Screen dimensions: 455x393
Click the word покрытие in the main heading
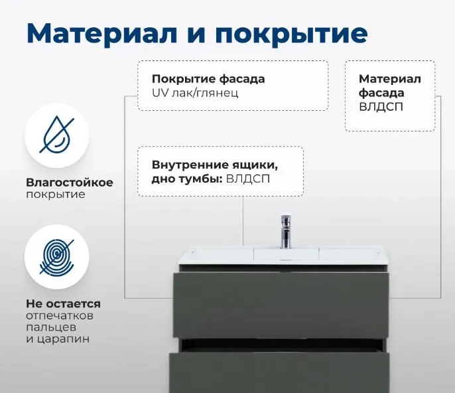coord(291,35)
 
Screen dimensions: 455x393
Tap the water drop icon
coord(57,135)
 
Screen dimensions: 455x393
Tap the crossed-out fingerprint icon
coord(57,257)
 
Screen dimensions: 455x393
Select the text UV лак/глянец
coord(195,93)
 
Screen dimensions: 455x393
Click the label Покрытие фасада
coord(208,79)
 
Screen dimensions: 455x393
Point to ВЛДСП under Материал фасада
coord(381,107)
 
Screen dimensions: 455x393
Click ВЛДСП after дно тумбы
coord(248,179)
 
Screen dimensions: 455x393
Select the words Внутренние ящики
coord(215,165)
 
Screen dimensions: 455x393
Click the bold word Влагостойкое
coord(70,183)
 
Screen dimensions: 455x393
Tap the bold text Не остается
coord(63,304)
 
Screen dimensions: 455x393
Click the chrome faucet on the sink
coord(286,232)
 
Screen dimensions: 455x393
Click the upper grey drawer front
coord(281,305)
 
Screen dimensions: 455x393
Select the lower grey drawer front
coord(279,372)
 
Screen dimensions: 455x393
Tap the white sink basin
coord(284,255)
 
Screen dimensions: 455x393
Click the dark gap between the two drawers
coord(281,345)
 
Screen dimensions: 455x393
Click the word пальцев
coord(51,328)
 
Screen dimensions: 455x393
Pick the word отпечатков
coord(60,316)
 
